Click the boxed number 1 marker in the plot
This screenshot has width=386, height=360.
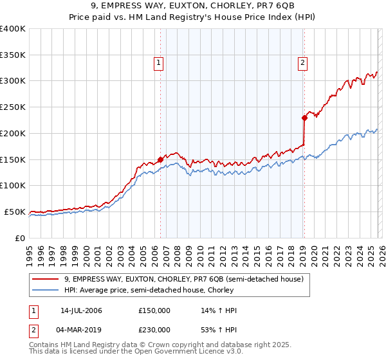coord(158,62)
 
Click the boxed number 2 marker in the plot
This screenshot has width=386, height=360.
coord(302,62)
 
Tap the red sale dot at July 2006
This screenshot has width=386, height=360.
coord(160,159)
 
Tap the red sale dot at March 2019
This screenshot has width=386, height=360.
coord(304,118)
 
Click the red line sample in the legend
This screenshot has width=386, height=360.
coord(46,279)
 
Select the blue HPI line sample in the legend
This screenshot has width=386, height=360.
coord(46,290)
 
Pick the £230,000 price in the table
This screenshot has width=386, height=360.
coord(154,330)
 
